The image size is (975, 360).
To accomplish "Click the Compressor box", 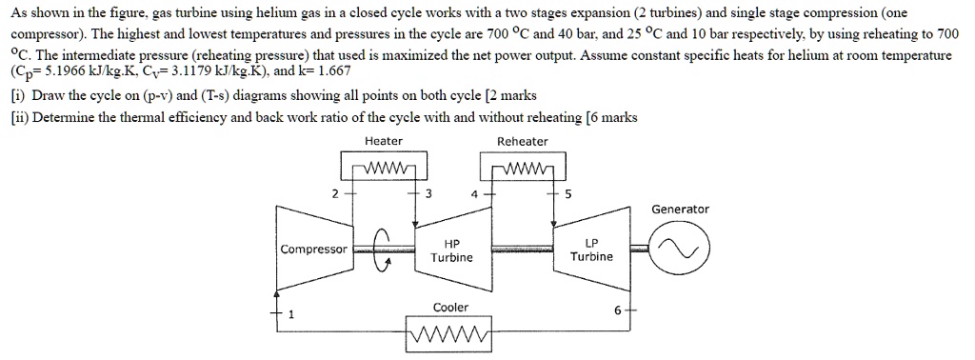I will pyautogui.click(x=314, y=250).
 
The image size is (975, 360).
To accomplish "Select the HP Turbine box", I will pyautogui.click(x=451, y=250).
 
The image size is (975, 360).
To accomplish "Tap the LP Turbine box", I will pyautogui.click(x=591, y=250).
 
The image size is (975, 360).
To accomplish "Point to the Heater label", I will pyautogui.click(x=384, y=142).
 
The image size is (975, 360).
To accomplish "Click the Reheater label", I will pyautogui.click(x=523, y=142).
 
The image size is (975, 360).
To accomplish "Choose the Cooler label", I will pyautogui.click(x=450, y=308).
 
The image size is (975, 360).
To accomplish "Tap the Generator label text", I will pyautogui.click(x=680, y=210).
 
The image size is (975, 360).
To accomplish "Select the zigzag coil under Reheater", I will pyautogui.click(x=523, y=171).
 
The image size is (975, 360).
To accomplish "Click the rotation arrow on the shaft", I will pyautogui.click(x=383, y=250).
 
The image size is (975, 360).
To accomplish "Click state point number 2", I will pyautogui.click(x=334, y=193).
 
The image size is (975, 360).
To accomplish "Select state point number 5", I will pyautogui.click(x=568, y=193).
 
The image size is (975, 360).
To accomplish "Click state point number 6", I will pyautogui.click(x=615, y=311).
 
